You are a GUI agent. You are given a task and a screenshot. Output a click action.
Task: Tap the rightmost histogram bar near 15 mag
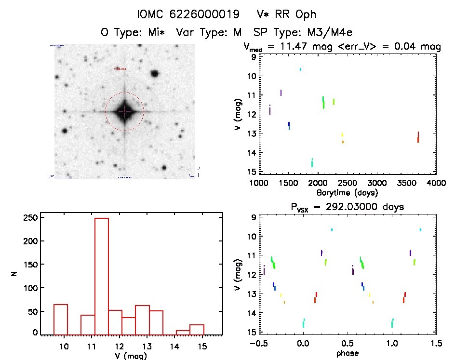coord(197,329)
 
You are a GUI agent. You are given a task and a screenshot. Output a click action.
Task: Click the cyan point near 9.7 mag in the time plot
coord(300,69)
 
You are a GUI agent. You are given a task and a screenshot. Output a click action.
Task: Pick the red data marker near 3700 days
coord(418,137)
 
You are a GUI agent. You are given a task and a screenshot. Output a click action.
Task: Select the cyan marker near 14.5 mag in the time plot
coord(312,162)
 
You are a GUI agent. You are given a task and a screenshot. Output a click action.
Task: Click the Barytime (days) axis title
coord(347,193)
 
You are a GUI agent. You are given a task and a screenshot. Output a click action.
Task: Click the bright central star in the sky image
coord(124,111)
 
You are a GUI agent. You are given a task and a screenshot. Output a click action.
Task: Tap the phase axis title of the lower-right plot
coord(347,353)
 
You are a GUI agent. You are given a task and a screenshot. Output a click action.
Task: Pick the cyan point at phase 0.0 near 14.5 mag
coord(304,322)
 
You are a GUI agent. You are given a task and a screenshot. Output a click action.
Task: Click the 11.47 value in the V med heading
coord(297,46)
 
